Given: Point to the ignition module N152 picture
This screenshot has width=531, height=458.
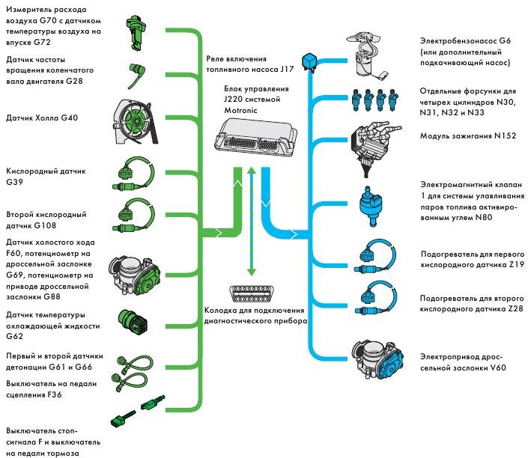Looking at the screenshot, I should [x=374, y=141].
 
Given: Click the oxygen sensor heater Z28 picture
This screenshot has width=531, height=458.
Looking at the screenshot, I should [x=373, y=298].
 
